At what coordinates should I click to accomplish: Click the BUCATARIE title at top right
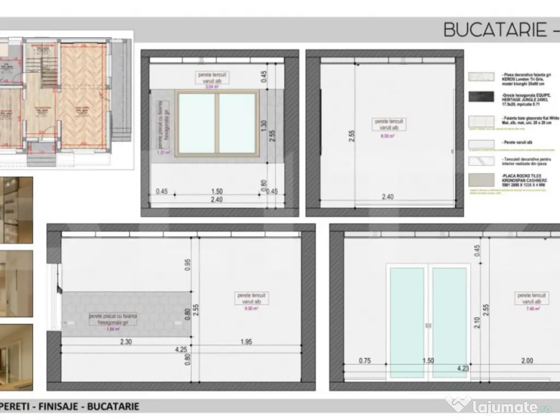tap(495, 29)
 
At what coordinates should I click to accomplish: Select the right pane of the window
tap(237, 124)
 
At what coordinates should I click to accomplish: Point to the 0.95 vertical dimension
tap(188, 265)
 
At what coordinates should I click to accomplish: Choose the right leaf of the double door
tap(450, 323)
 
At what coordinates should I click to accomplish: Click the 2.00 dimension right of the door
tap(527, 361)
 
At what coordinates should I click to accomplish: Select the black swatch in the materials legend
tap(481, 97)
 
